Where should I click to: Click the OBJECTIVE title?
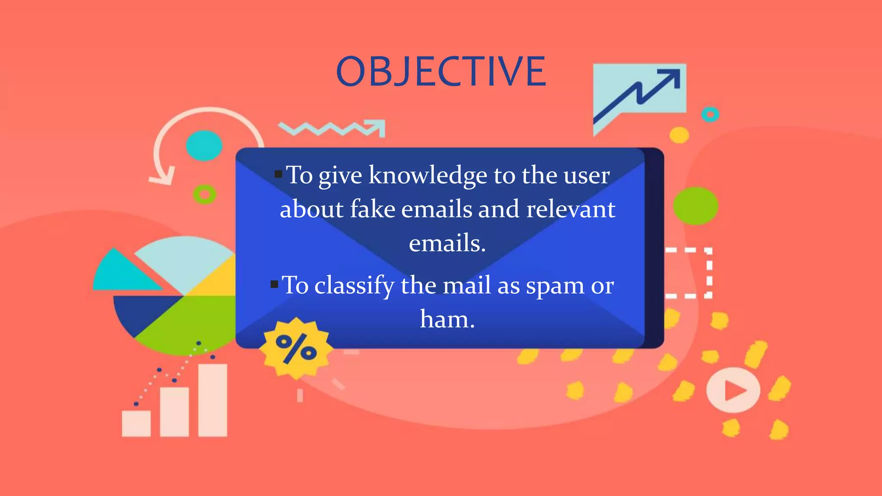(x=441, y=71)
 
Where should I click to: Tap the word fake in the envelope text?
(x=373, y=209)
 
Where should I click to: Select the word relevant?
(x=571, y=209)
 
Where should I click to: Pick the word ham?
(x=447, y=319)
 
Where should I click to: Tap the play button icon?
(x=733, y=390)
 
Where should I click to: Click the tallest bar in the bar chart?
(x=212, y=400)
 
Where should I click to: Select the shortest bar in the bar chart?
(x=136, y=423)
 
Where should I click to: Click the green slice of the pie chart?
(x=189, y=323)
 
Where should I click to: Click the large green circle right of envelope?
(x=695, y=206)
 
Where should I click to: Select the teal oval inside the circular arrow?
(x=204, y=146)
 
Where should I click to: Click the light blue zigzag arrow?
(x=332, y=128)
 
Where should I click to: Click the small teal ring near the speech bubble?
(x=710, y=115)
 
